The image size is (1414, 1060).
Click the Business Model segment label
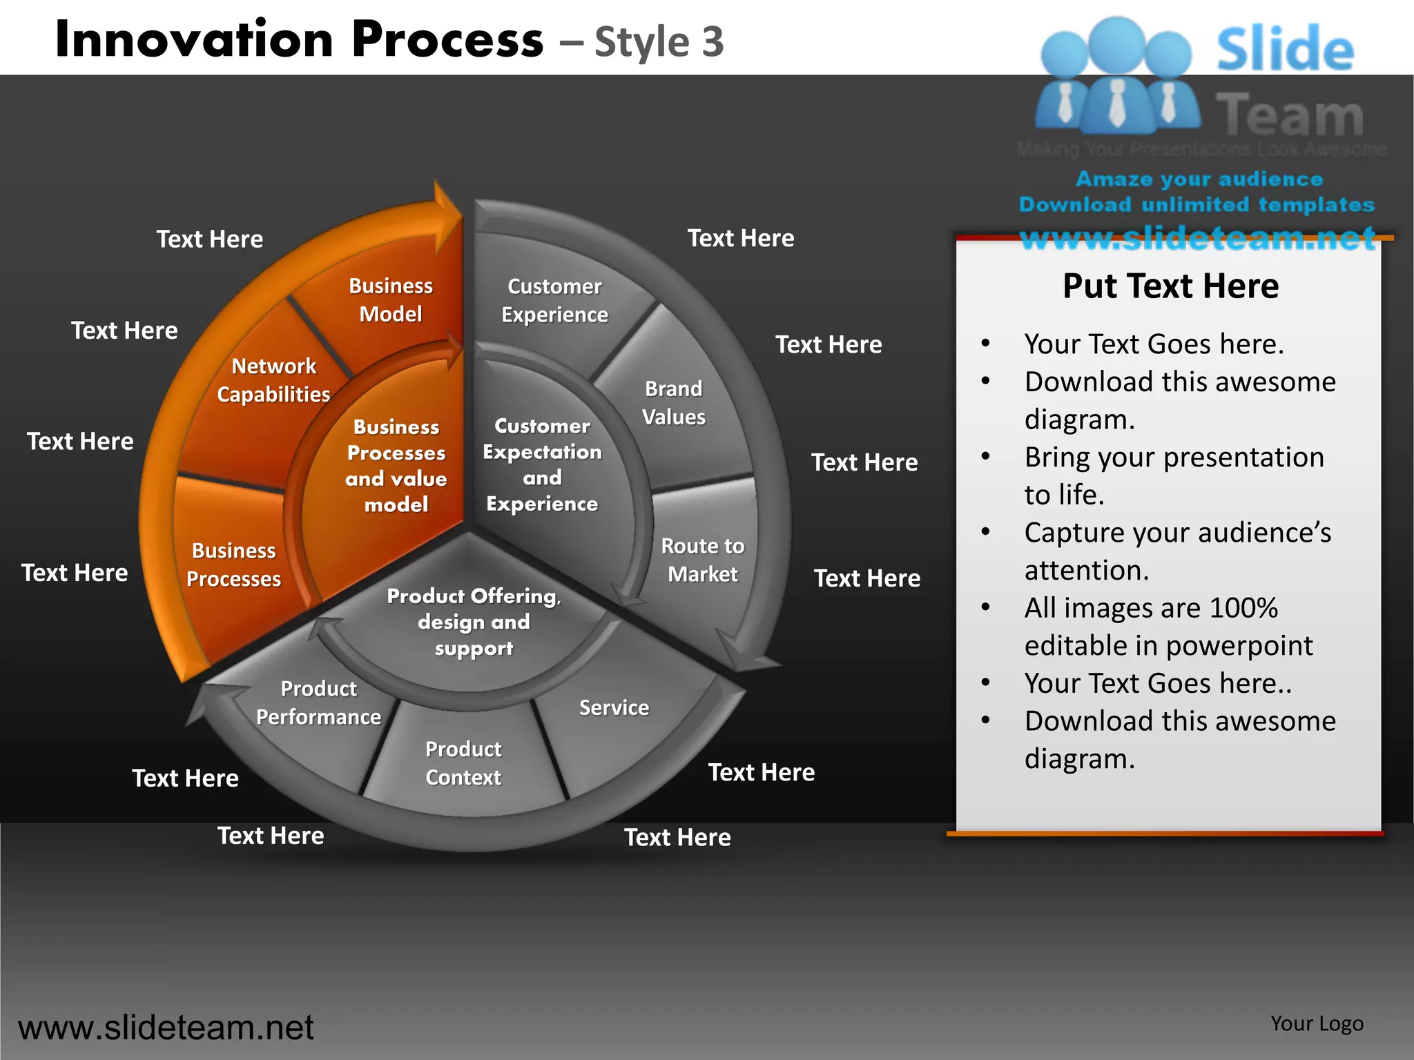(x=390, y=300)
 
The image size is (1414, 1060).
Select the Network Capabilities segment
(x=273, y=380)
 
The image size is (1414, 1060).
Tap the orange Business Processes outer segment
(x=233, y=565)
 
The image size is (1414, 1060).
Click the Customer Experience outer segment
(x=554, y=301)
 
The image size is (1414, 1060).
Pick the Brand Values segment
(x=673, y=403)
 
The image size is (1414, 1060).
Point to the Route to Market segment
(x=702, y=560)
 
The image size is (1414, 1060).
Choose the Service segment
(x=614, y=708)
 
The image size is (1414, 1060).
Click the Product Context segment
(x=463, y=763)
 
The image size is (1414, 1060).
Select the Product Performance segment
(x=318, y=703)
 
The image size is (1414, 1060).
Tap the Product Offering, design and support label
(x=474, y=622)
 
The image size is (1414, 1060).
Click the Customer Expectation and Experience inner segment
(x=542, y=464)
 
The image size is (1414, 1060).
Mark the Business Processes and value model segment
(x=396, y=466)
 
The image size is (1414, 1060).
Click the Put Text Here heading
(x=1170, y=286)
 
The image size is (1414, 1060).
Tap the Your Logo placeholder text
(x=1317, y=1023)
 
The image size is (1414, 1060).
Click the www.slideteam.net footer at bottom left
(x=166, y=1028)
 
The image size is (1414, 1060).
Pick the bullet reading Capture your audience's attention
(x=1176, y=551)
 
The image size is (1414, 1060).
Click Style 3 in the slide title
(x=659, y=41)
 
